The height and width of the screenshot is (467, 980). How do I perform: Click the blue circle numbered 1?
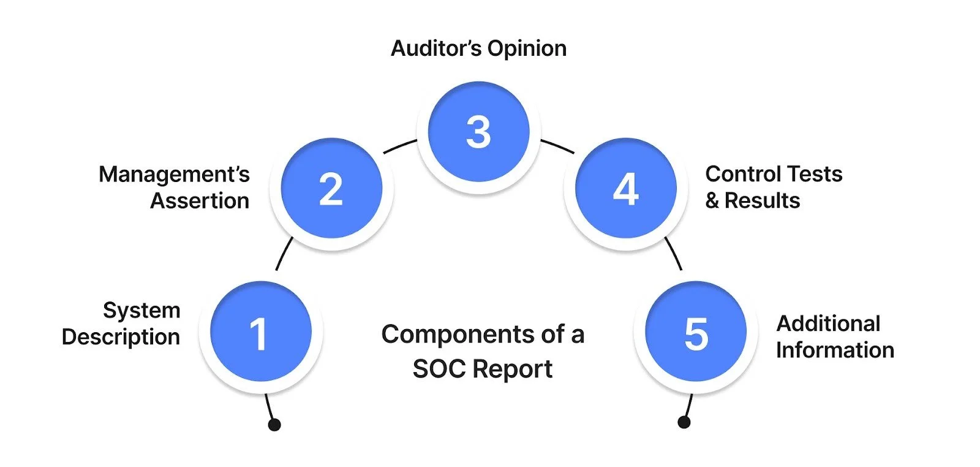click(260, 332)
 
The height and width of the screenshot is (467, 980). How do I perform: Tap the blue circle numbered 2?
click(331, 188)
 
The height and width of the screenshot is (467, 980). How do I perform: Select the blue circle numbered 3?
click(478, 132)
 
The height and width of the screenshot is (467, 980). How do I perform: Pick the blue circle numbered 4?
click(625, 188)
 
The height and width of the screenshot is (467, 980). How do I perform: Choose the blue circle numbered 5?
click(696, 332)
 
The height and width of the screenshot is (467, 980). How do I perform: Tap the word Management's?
click(174, 175)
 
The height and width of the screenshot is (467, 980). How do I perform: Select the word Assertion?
click(200, 201)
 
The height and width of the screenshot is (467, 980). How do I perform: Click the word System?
click(141, 311)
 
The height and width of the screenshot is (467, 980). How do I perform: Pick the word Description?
click(121, 337)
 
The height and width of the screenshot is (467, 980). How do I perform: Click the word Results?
click(762, 201)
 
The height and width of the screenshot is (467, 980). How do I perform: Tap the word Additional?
click(828, 324)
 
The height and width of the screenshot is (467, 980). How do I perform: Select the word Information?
click(835, 350)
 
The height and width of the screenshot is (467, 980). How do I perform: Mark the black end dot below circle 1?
click(274, 425)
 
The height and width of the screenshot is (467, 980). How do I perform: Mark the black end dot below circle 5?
click(684, 422)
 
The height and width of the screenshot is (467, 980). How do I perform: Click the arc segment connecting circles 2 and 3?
click(399, 146)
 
